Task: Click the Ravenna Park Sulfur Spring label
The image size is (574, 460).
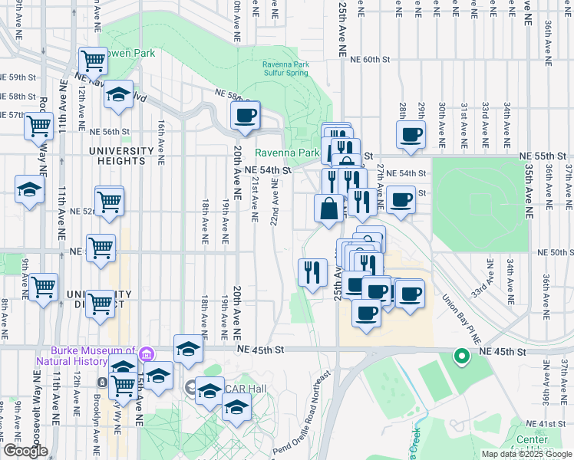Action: point(285,68)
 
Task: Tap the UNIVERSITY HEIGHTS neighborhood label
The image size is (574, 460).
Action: point(117,156)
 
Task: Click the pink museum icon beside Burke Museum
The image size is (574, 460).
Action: point(146,354)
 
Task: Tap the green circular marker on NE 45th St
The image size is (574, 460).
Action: point(461,356)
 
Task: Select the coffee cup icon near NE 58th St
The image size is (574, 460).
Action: point(245,117)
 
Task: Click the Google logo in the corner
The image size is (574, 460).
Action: point(25,451)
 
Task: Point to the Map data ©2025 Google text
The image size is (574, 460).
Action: point(526,454)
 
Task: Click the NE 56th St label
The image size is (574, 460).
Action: point(111,132)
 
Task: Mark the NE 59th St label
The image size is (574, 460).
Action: point(19,78)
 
